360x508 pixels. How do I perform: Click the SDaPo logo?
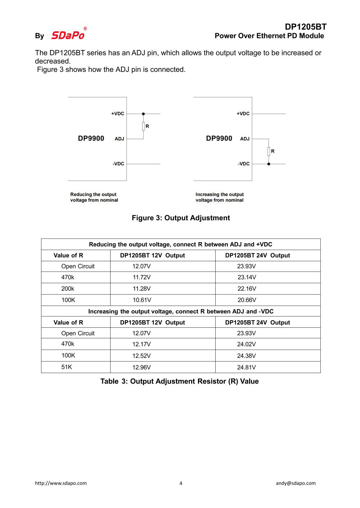click(x=68, y=35)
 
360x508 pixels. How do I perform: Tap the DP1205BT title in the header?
click(x=305, y=27)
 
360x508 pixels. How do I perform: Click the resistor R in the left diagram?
click(x=143, y=126)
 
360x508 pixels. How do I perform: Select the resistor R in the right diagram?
click(x=269, y=151)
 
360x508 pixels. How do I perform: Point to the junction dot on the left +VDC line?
click(x=143, y=114)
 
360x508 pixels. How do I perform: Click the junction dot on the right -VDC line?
click(x=269, y=164)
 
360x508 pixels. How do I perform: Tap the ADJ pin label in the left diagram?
click(x=119, y=139)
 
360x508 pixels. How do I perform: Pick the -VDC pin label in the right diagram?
click(x=244, y=164)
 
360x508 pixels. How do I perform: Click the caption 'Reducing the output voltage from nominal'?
click(x=94, y=197)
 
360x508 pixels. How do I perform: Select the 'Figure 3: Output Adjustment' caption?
click(x=181, y=218)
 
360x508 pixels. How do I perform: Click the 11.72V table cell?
click(x=141, y=277)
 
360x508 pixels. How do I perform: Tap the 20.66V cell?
click(x=247, y=300)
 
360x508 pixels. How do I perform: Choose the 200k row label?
click(x=68, y=289)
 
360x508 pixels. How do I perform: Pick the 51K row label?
click(x=67, y=367)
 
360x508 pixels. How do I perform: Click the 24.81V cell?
click(x=246, y=367)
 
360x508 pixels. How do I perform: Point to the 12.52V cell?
click(x=141, y=356)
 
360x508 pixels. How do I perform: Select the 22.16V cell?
click(x=247, y=289)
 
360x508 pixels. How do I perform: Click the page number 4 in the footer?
click(x=181, y=483)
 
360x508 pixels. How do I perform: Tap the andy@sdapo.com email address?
click(x=296, y=483)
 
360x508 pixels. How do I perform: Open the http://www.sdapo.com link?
click(x=61, y=483)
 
